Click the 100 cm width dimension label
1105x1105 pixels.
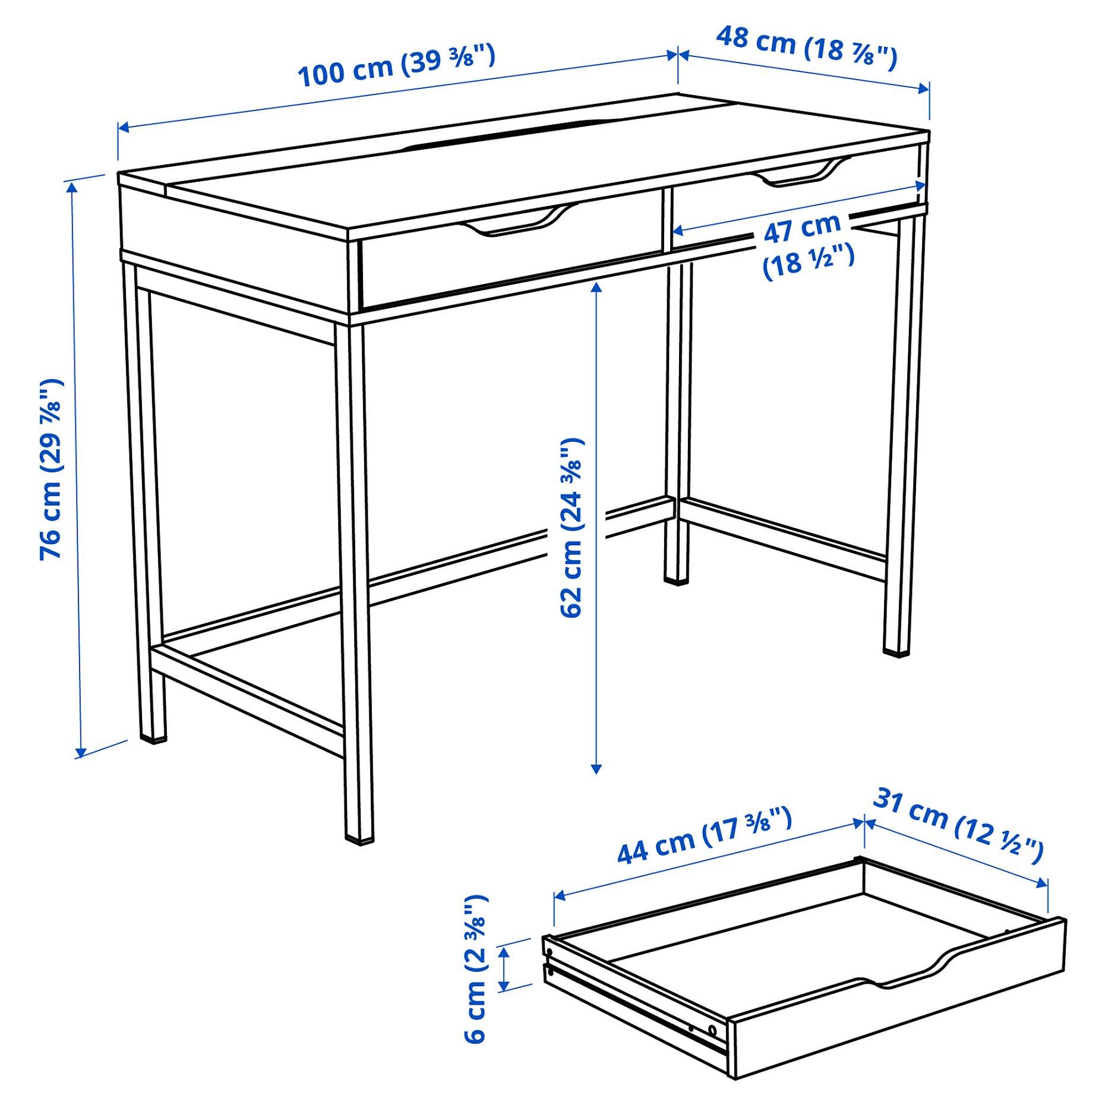pyautogui.click(x=396, y=65)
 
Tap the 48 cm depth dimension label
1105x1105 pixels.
pyautogui.click(x=806, y=45)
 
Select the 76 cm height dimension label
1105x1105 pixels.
pyautogui.click(x=51, y=469)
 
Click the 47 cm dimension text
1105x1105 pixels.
pyautogui.click(x=802, y=228)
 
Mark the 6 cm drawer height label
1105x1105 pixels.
pyautogui.click(x=476, y=968)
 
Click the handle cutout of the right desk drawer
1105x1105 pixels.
pyautogui.click(x=802, y=173)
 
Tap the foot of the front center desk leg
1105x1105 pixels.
pyautogui.click(x=359, y=839)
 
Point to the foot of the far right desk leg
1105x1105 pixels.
pyautogui.click(x=896, y=652)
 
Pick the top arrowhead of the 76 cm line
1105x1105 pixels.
pyautogui.click(x=72, y=187)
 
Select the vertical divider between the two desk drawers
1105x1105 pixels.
pyautogui.click(x=667, y=220)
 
